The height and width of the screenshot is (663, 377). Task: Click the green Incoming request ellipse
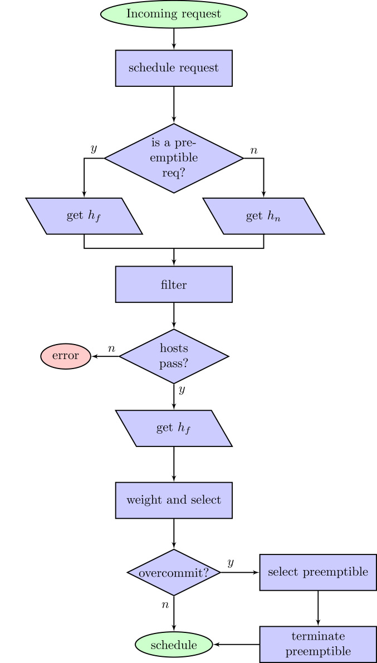click(174, 14)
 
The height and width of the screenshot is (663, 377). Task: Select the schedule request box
click(174, 68)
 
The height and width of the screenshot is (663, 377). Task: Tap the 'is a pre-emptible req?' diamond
click(174, 158)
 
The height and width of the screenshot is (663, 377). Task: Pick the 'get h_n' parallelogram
click(263, 216)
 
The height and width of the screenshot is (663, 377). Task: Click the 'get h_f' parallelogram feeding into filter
click(84, 216)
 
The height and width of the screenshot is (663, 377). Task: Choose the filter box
click(174, 284)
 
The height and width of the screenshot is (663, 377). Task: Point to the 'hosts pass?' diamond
click(174, 356)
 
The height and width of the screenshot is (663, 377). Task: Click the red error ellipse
click(66, 356)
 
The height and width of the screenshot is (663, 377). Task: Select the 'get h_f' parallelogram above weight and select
click(174, 428)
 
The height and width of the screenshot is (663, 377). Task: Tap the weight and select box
click(174, 500)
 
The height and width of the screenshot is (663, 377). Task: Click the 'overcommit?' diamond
click(174, 572)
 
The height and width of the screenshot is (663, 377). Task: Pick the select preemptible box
click(318, 572)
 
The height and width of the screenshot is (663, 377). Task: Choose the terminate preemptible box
click(318, 644)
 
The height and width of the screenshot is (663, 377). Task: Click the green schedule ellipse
click(174, 645)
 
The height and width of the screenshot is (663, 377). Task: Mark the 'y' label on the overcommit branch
click(230, 563)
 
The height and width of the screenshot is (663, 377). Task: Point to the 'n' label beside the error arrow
click(111, 348)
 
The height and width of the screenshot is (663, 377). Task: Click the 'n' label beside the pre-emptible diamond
click(254, 150)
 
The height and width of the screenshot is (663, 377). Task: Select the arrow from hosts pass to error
click(105, 356)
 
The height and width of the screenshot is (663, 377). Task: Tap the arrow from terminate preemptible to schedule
click(236, 645)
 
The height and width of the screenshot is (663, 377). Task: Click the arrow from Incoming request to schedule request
click(174, 38)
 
